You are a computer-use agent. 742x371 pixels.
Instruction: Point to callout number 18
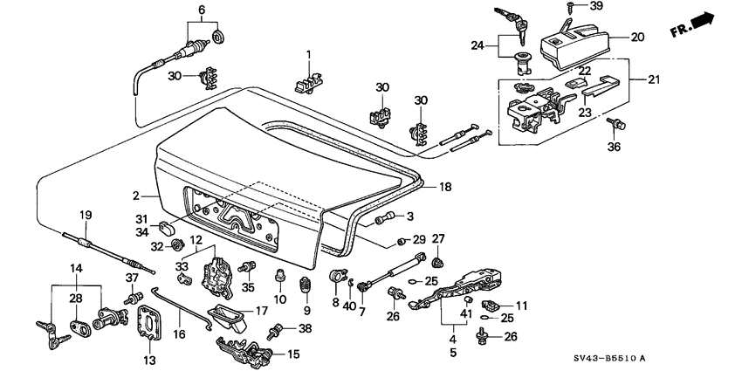pyautogui.click(x=444, y=186)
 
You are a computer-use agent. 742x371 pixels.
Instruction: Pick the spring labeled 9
pyautogui.click(x=305, y=283)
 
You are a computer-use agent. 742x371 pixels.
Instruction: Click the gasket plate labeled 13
pyautogui.click(x=150, y=326)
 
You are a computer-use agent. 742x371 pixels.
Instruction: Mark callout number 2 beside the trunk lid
pyautogui.click(x=137, y=196)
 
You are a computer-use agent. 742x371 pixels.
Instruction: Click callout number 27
pyautogui.click(x=438, y=239)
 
